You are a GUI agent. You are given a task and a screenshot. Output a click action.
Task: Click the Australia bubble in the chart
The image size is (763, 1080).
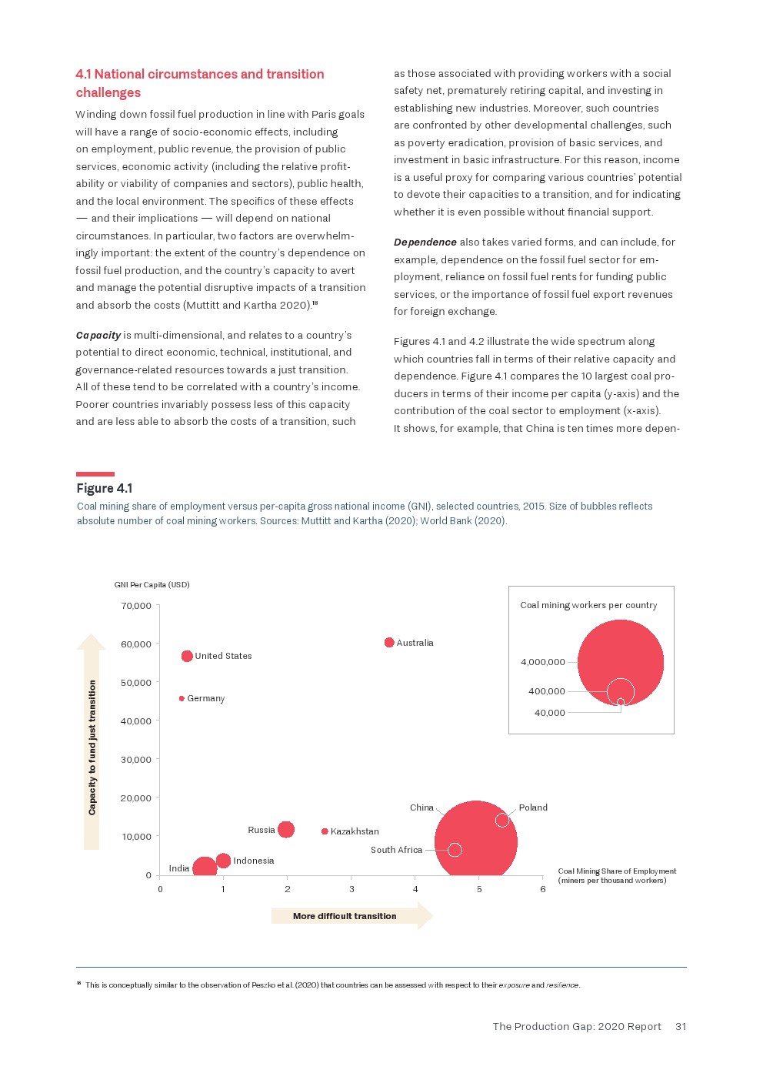[x=389, y=643]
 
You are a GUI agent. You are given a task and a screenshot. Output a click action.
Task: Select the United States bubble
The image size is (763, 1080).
[x=187, y=656]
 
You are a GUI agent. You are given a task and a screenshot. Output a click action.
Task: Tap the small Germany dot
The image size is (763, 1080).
[x=182, y=699]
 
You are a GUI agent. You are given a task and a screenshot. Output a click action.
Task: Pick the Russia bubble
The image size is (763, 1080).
[x=286, y=829]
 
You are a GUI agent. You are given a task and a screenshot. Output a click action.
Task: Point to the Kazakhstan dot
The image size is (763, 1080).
[x=325, y=831]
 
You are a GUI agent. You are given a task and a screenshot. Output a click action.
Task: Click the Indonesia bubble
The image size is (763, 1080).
[x=223, y=861]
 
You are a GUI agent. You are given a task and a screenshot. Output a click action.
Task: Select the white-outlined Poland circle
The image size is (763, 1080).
[x=502, y=820]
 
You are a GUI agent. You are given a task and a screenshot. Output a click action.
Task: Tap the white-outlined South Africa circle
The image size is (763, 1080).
[x=455, y=850]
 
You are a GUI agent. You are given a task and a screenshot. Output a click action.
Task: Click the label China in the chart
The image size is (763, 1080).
[x=421, y=807]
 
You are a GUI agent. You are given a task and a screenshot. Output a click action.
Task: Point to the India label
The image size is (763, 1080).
[x=179, y=868]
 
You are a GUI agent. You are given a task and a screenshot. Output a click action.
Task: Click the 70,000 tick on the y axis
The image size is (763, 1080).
[x=136, y=606]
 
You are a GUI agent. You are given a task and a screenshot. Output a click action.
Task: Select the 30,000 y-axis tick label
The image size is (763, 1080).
[x=136, y=760]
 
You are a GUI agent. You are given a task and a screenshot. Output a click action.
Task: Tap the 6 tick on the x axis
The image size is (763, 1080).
[x=543, y=889]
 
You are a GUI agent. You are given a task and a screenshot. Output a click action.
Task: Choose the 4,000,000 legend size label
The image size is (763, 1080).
[x=543, y=662]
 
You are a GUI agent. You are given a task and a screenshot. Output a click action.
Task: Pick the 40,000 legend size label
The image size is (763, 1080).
[x=550, y=713]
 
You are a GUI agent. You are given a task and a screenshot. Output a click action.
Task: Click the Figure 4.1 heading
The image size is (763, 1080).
[x=105, y=488]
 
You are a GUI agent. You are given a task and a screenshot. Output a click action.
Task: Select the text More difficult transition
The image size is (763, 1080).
[x=345, y=916]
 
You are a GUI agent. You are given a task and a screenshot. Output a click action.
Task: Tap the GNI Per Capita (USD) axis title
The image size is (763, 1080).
[x=152, y=585]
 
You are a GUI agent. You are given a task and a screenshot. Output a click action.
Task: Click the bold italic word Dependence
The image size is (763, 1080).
[x=425, y=242]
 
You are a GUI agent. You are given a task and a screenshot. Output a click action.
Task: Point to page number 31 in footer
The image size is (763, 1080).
[x=681, y=1026]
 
